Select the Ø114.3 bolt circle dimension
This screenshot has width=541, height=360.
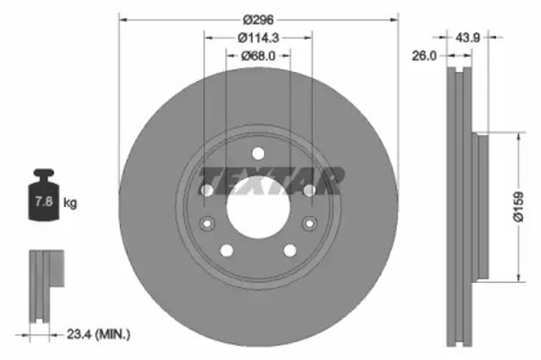258,38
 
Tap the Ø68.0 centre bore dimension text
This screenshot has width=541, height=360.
258,56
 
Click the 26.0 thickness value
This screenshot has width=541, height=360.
423,57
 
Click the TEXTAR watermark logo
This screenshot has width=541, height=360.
270,180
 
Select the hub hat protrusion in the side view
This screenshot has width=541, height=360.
483,207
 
